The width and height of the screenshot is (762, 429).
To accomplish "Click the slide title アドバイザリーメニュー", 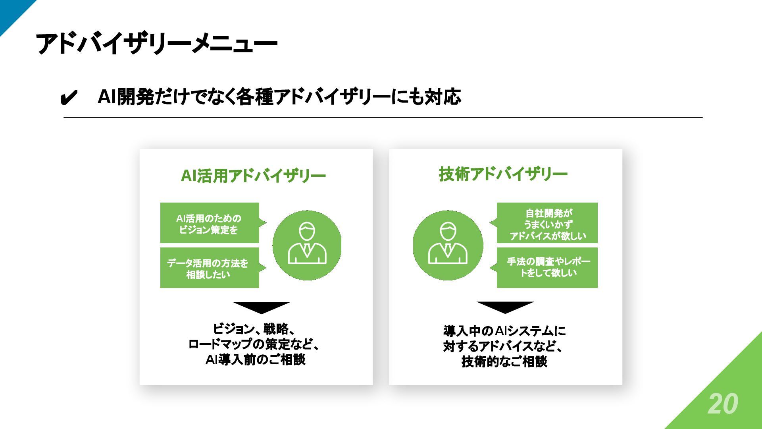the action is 156,43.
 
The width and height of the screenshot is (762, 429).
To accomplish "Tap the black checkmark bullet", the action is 68,97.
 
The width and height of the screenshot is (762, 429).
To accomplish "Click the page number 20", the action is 723,404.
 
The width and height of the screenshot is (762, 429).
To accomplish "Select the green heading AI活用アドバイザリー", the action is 253,176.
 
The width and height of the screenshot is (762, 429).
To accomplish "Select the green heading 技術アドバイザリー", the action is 503,174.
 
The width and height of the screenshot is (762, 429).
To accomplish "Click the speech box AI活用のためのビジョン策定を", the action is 209,223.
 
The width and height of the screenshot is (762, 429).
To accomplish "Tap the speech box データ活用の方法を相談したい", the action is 209,268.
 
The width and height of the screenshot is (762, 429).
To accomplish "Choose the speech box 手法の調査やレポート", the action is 547,267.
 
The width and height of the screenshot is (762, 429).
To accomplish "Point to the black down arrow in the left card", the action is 261,307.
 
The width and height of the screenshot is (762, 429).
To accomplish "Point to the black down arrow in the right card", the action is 505,307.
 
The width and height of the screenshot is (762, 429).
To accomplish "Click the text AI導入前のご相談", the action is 255,359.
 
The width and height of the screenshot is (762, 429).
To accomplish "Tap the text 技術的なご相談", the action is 504,361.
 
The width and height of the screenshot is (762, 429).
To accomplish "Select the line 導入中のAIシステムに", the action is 504,331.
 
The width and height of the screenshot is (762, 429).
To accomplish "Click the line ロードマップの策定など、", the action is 254,344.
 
